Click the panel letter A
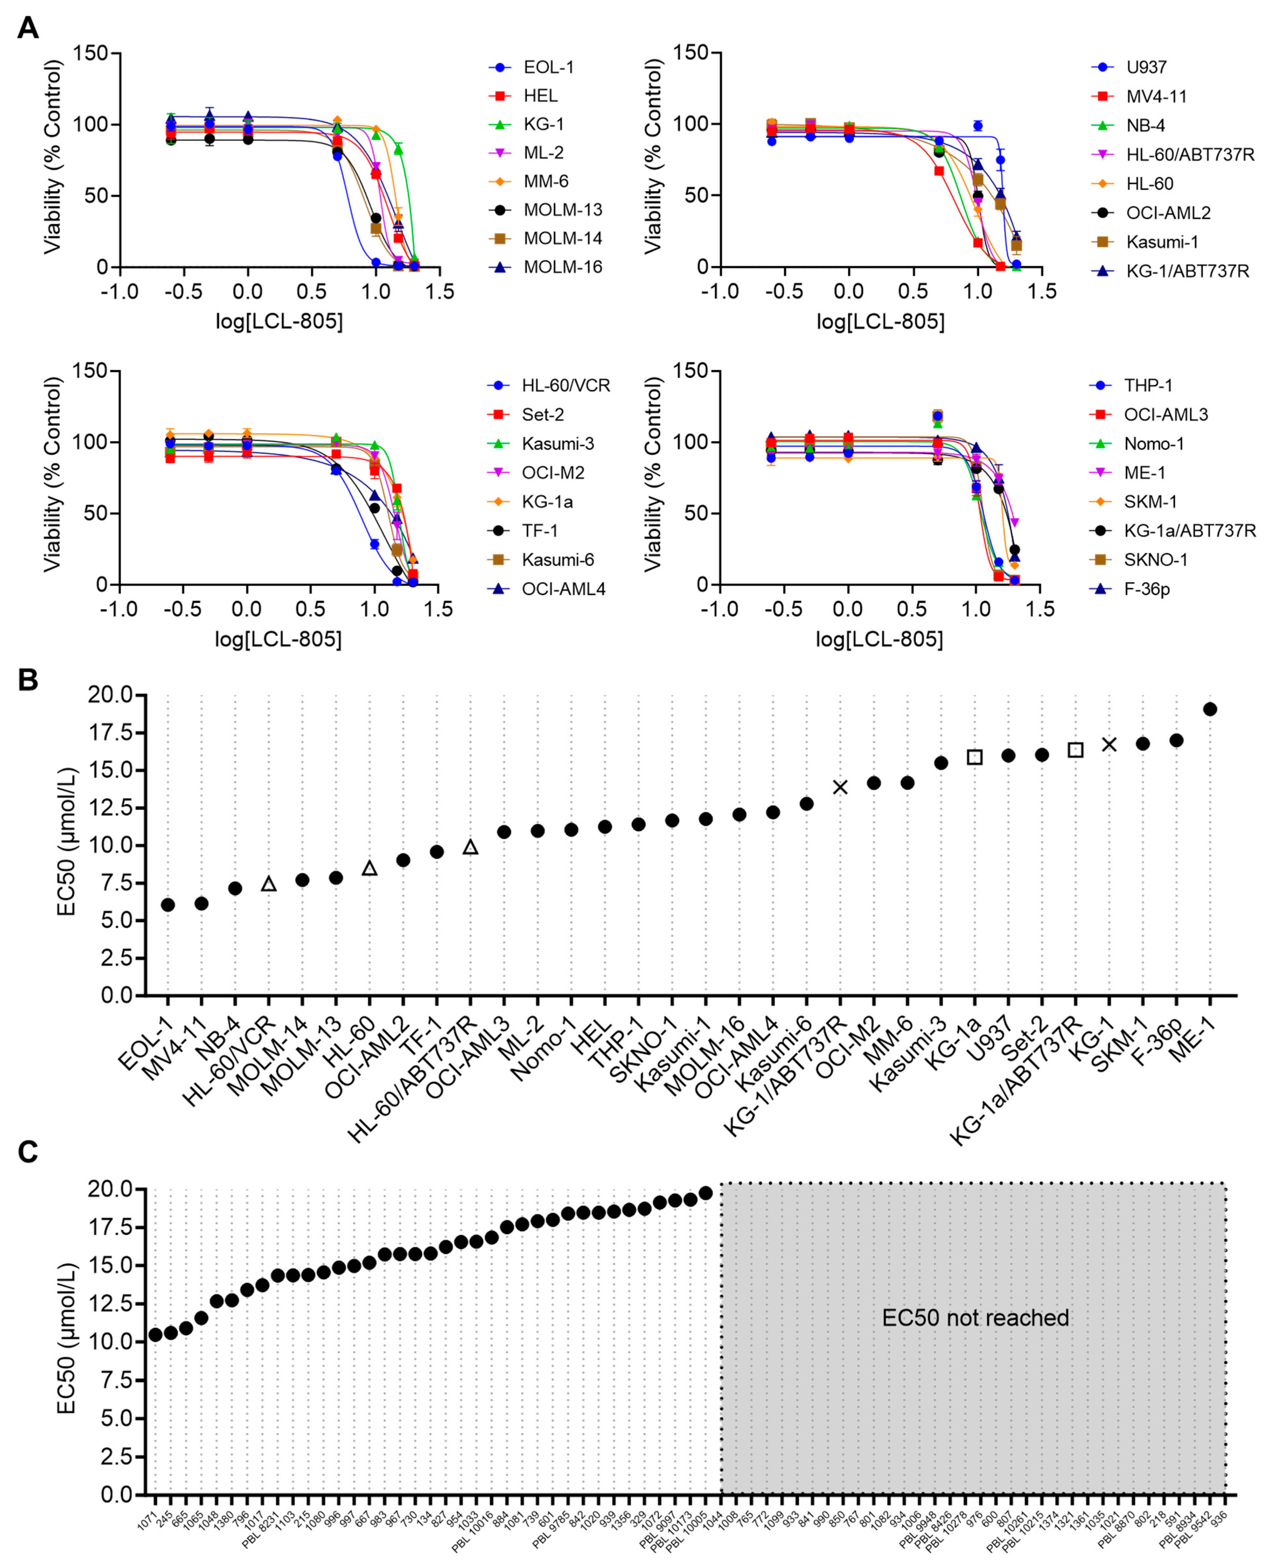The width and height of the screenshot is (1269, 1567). point(28,28)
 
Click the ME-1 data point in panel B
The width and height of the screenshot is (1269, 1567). point(1210,709)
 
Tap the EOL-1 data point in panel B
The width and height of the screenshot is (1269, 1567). point(168,905)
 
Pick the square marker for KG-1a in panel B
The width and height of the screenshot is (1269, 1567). point(974,758)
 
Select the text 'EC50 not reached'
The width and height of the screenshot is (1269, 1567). point(975,1318)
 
